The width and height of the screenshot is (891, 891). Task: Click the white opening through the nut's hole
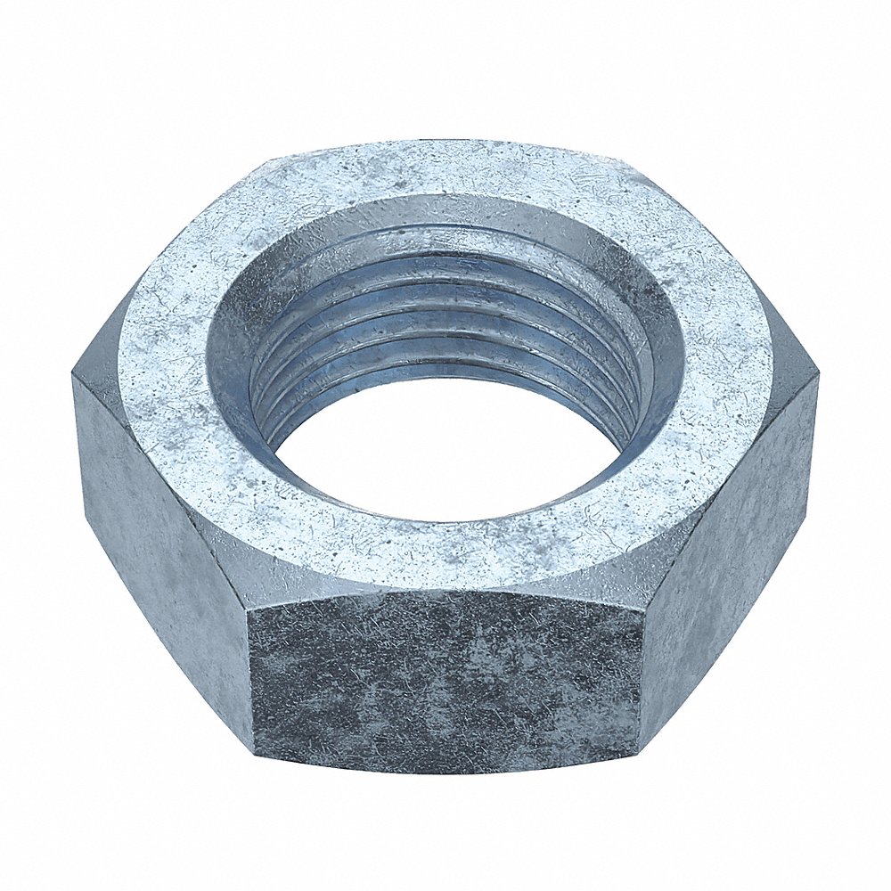tap(445, 454)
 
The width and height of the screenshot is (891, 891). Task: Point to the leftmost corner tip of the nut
tap(73, 379)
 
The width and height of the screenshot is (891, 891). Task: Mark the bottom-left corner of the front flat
tap(256, 754)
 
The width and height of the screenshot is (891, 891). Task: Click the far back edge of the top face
tap(445, 143)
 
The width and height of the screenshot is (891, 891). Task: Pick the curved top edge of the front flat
tap(445, 590)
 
